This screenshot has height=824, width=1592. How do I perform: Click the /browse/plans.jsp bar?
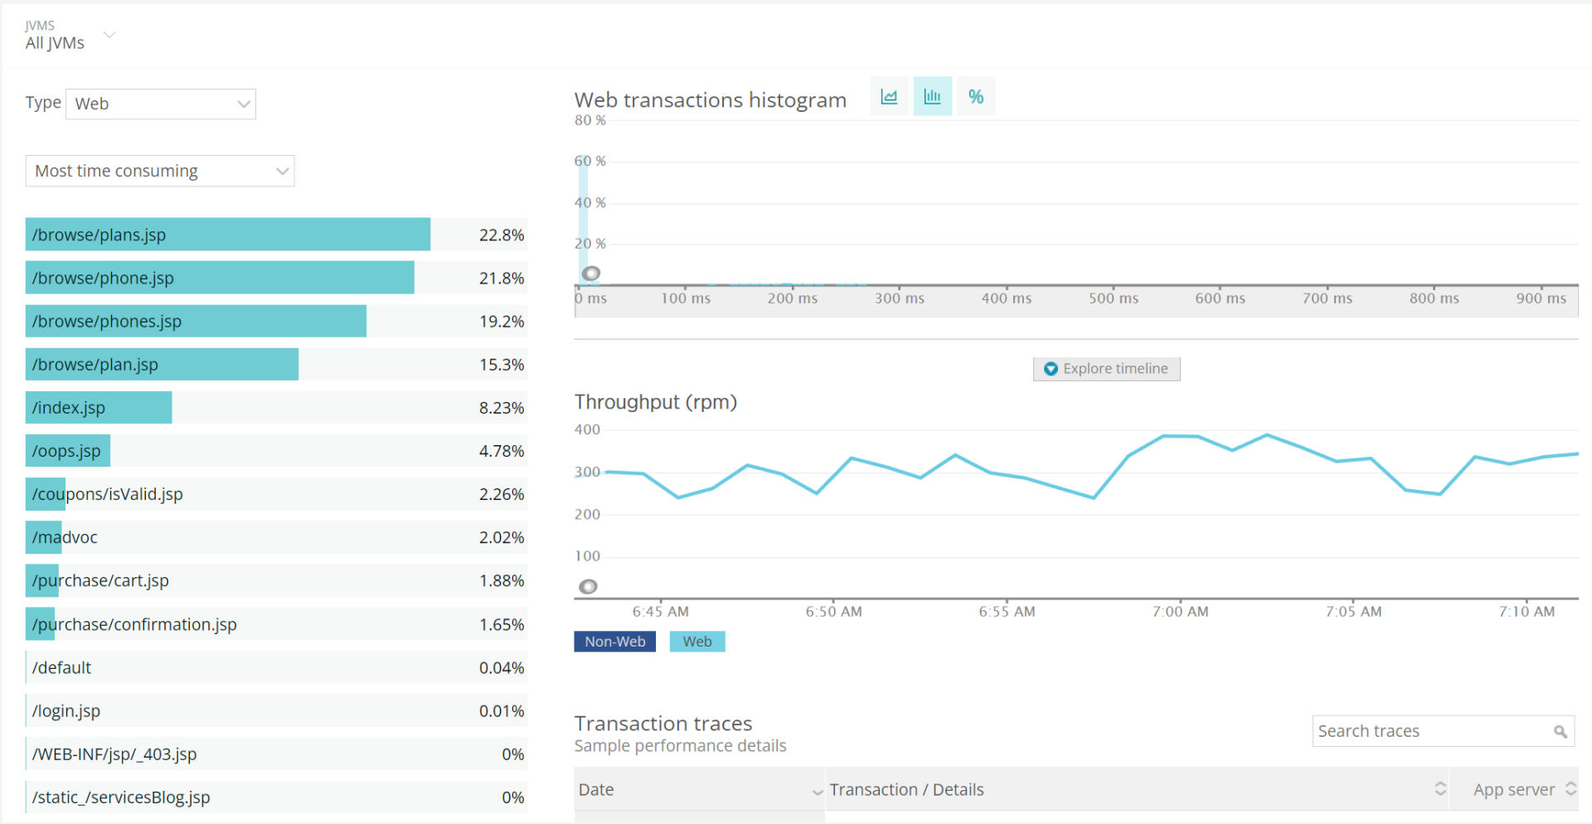pos(228,235)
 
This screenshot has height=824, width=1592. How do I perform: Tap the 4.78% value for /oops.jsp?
pos(501,451)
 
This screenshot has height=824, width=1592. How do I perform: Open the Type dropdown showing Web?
pos(161,104)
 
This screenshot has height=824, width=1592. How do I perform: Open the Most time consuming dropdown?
pos(160,171)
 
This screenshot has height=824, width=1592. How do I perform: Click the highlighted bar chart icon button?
pos(932,97)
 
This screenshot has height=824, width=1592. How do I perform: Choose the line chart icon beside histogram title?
pos(889,97)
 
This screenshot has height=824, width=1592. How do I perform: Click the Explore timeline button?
pos(1106,369)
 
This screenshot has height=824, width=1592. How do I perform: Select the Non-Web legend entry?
pos(614,642)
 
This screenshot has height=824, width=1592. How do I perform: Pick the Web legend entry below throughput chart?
pos(697,642)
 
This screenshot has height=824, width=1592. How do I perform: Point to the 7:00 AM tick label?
pos(1180,612)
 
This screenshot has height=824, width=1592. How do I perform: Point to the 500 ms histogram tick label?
pos(1113,298)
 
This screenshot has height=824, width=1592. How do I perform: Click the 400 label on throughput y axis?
pos(587,429)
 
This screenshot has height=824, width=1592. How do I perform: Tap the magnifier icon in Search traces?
pos(1560,731)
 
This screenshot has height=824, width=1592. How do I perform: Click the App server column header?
pos(1513,790)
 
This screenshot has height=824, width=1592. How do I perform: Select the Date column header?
pos(597,790)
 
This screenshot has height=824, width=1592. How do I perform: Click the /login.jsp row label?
pos(66,711)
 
